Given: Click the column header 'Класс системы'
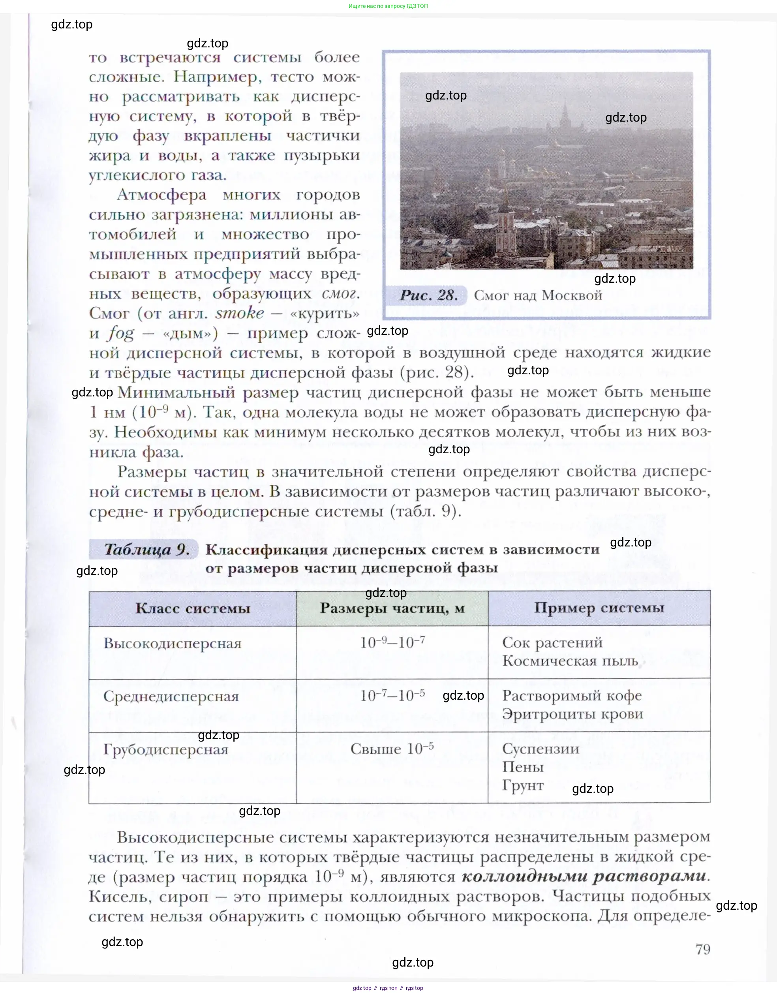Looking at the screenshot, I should (x=193, y=609).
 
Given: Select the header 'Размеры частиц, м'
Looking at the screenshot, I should (x=392, y=608).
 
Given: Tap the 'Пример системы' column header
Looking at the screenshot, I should (x=599, y=608).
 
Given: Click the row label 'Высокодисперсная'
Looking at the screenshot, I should (x=172, y=643).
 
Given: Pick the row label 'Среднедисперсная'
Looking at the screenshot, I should (x=171, y=696).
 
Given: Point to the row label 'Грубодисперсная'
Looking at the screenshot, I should (x=166, y=749).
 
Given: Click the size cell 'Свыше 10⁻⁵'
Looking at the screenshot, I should (x=392, y=749).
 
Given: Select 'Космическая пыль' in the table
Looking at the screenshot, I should (x=570, y=661).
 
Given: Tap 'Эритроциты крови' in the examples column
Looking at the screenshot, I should (x=572, y=714).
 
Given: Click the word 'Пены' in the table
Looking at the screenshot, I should (x=523, y=767).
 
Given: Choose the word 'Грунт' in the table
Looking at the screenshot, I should (x=523, y=785).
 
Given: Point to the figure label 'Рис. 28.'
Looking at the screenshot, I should (x=429, y=295).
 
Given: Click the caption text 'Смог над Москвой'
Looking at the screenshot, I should (x=538, y=295).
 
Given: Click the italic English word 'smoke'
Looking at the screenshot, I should (x=240, y=313).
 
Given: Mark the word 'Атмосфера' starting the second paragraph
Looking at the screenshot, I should (x=162, y=195).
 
